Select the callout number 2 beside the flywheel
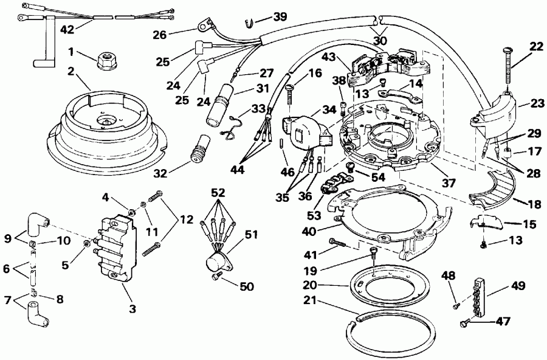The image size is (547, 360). point(71,72)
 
